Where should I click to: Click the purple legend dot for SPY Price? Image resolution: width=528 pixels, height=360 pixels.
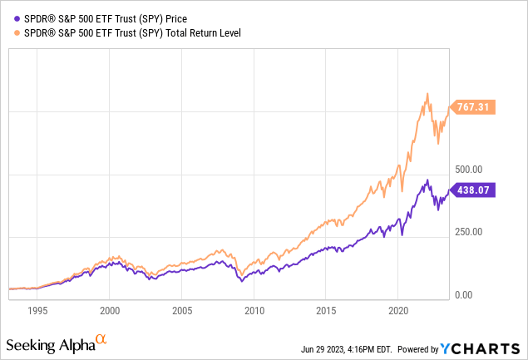tap(9, 17)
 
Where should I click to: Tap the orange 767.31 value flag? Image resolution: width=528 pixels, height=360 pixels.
tap(471, 106)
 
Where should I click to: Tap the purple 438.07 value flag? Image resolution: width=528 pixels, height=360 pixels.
tap(471, 190)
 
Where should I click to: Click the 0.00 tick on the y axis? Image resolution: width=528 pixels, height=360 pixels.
tap(463, 294)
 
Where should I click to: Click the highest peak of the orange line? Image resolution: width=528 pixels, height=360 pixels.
tap(427, 93)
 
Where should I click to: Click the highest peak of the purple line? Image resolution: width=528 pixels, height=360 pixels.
tap(427, 180)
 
